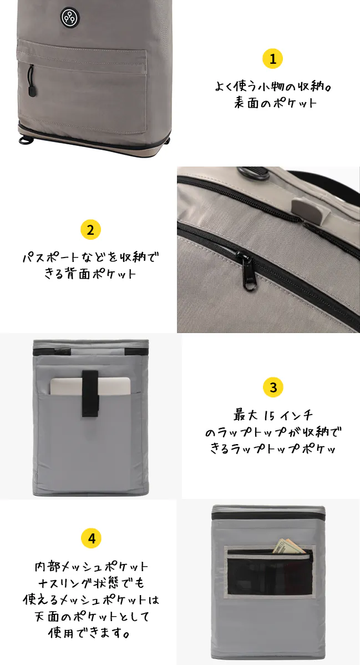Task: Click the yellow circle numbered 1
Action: tap(273, 58)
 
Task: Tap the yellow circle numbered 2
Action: tap(90, 230)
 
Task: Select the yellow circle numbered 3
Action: tap(273, 387)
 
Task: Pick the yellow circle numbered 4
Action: tap(91, 539)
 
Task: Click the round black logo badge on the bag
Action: tap(69, 17)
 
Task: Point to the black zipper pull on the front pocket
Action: tap(32, 80)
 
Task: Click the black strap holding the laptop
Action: tap(90, 393)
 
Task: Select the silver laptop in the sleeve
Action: tap(90, 386)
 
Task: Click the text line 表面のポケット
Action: tap(275, 103)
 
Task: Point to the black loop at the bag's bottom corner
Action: tap(26, 141)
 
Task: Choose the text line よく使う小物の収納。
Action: tap(273, 87)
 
